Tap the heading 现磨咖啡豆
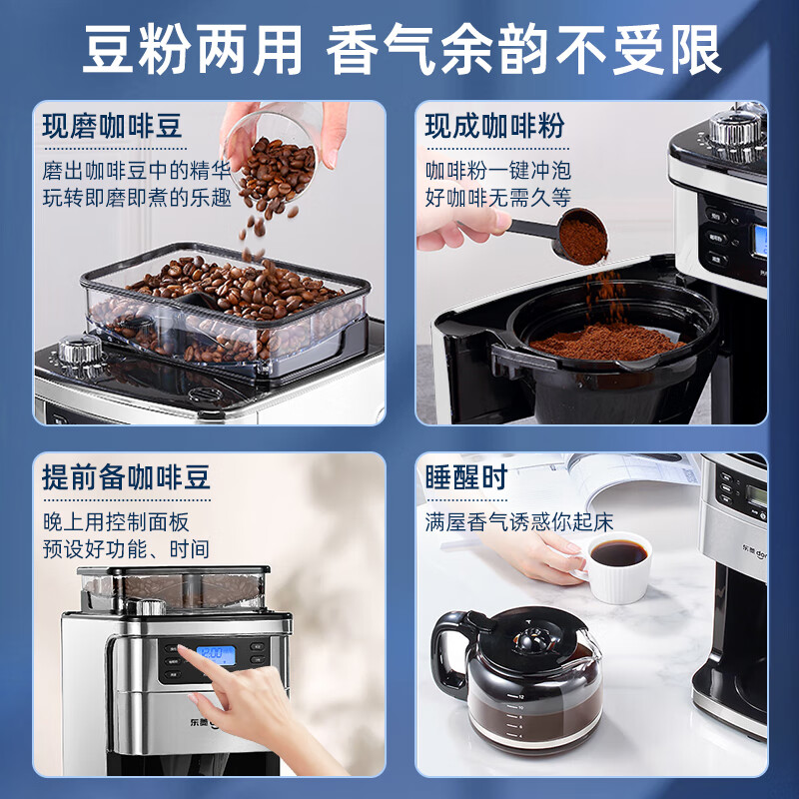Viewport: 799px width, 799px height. click(x=113, y=127)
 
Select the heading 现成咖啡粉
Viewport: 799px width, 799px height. click(x=494, y=127)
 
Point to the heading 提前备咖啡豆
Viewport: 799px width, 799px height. click(x=127, y=476)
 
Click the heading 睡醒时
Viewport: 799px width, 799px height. click(x=465, y=477)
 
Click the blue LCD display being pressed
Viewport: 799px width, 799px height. click(x=214, y=655)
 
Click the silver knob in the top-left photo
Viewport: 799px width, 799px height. click(x=79, y=351)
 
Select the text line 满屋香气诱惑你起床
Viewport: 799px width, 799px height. click(x=518, y=521)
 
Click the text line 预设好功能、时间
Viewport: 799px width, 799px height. click(x=126, y=548)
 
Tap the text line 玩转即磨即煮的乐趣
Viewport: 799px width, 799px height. click(x=137, y=198)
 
